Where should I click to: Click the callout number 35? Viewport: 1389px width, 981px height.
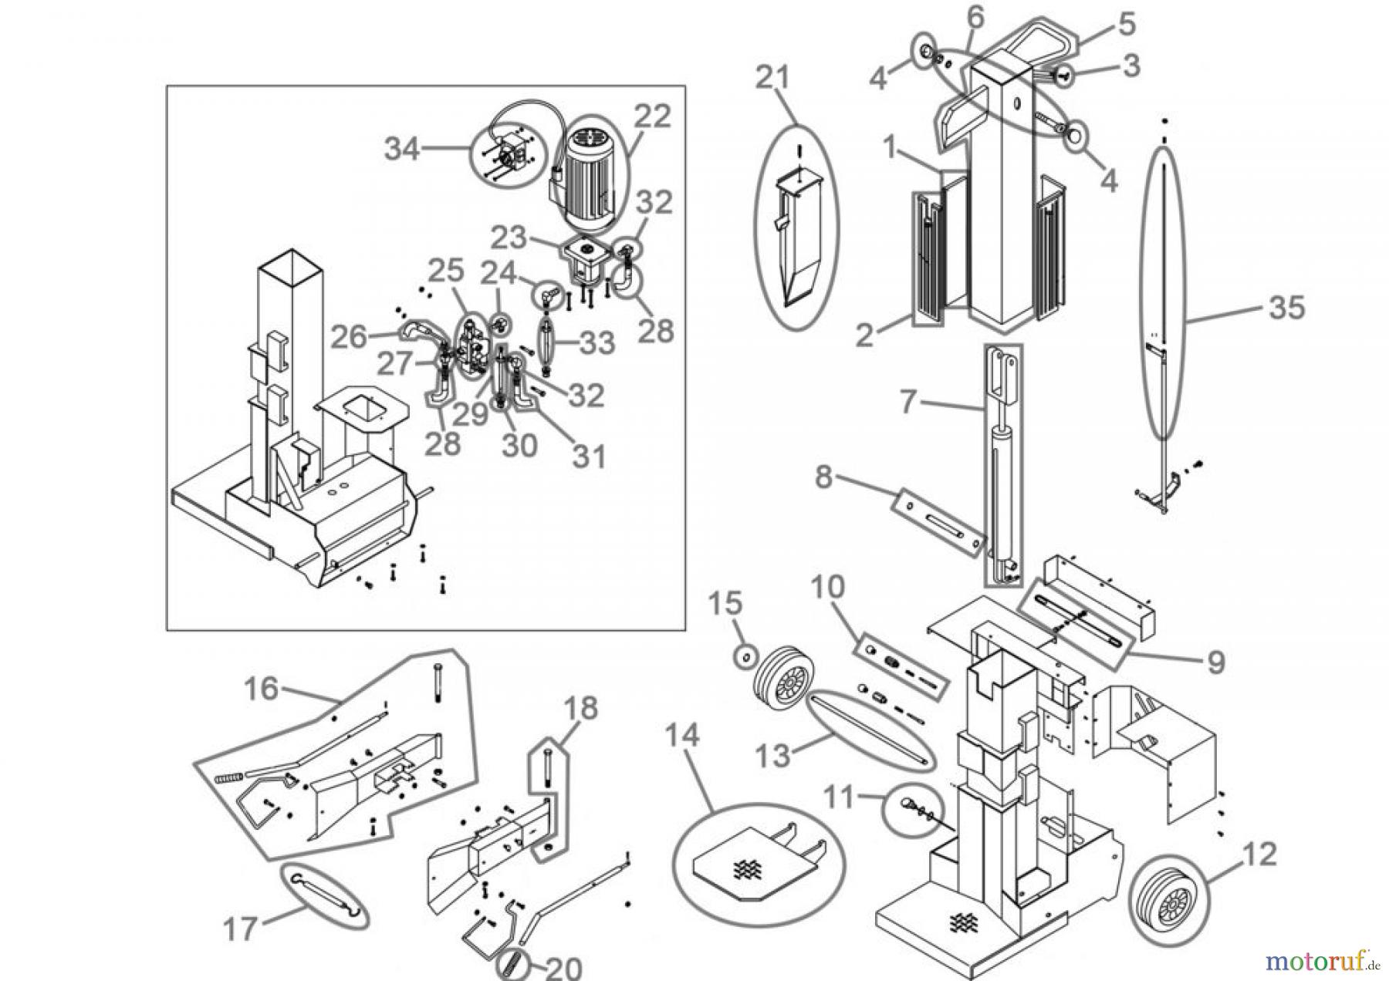coord(1286,307)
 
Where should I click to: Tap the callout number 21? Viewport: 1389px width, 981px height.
coord(773,78)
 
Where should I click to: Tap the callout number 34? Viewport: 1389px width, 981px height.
coord(402,148)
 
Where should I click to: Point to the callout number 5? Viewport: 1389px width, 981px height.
coord(1127,24)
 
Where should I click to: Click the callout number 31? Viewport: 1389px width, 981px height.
coord(589,457)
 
